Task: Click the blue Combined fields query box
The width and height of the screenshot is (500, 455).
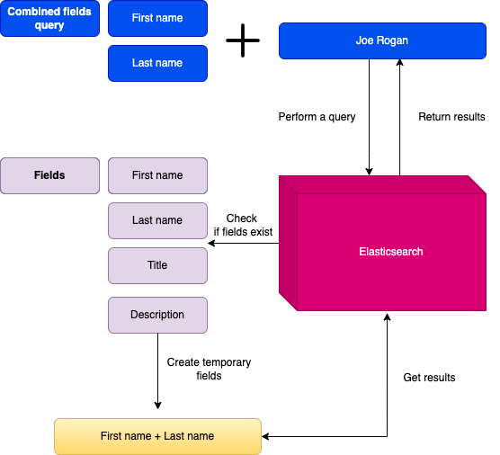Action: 49,19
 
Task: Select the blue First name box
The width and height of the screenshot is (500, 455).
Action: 157,18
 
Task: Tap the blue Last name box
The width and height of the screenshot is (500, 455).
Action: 157,63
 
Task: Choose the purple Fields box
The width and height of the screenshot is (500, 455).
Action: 49,175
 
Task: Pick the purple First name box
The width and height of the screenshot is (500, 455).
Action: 157,175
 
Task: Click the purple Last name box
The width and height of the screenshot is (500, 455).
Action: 157,220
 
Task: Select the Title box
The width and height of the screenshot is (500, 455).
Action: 157,265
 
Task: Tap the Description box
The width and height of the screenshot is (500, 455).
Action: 157,315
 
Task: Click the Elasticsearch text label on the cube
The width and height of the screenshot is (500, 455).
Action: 390,252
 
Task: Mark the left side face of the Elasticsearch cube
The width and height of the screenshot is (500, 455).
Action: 288,243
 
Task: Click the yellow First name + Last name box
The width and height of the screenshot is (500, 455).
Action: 157,436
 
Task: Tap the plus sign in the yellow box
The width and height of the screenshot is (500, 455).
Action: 157,436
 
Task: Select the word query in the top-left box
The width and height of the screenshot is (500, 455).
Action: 49,25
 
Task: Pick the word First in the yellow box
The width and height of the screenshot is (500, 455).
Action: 111,436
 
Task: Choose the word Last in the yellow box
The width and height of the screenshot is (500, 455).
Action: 174,436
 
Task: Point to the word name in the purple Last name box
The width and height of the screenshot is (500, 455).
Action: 169,220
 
